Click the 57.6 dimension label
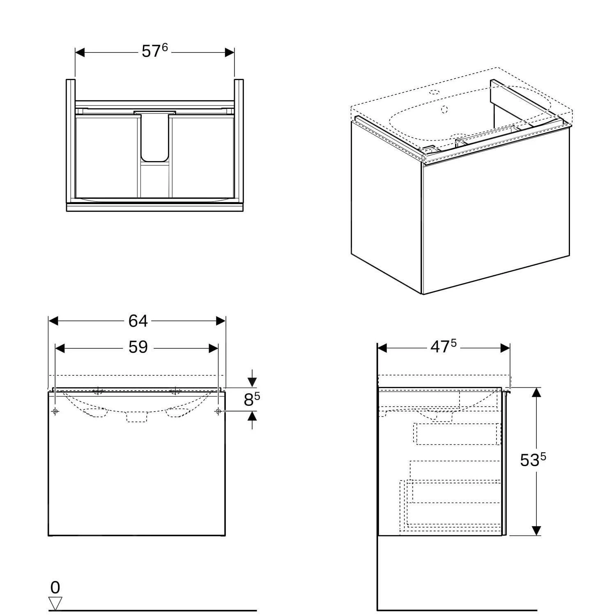pos(155,51)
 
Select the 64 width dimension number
pos(138,321)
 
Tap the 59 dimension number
pos(138,347)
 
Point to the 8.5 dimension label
pos(252,399)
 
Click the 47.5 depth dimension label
pos(444,347)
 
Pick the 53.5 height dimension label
pos(533,460)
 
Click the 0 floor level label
pos(55,588)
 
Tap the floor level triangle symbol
pos(55,604)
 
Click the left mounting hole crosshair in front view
pos(55,411)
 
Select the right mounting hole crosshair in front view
pos(218,411)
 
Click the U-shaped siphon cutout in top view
pos(155,137)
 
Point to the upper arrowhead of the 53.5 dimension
pos(536,392)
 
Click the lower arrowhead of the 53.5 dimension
pos(536,531)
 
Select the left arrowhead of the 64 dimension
pos(54,321)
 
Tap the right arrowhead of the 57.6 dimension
pos(229,52)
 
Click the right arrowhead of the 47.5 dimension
pos(505,348)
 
